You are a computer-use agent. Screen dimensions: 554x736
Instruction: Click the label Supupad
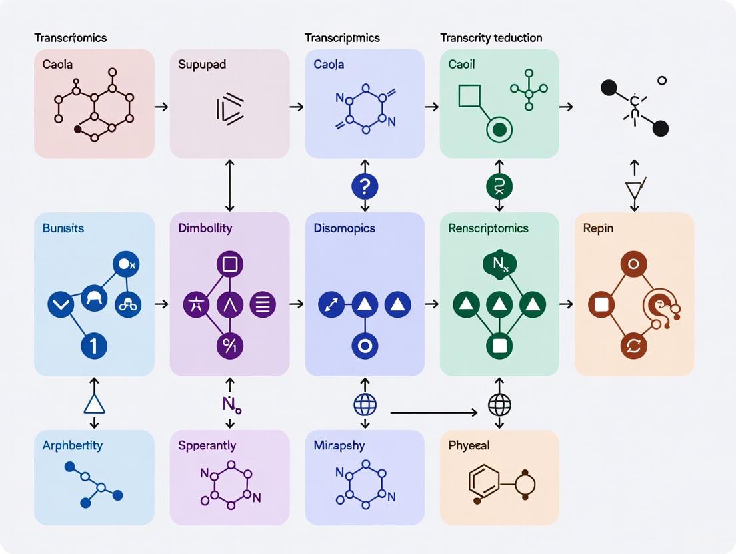[x=201, y=65]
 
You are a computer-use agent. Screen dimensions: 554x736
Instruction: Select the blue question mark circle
[x=365, y=186]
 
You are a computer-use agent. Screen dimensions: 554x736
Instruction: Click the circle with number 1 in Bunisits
[x=94, y=345]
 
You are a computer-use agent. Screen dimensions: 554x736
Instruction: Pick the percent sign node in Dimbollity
[x=229, y=345]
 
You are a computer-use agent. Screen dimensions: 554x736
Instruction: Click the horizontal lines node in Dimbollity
[x=263, y=305]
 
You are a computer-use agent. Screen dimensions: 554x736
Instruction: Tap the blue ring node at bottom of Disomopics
[x=365, y=345]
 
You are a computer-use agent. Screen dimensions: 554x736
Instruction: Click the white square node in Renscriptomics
[x=499, y=345]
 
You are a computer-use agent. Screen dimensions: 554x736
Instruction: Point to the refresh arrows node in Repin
[x=634, y=345]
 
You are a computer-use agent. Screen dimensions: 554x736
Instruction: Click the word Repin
[x=598, y=228]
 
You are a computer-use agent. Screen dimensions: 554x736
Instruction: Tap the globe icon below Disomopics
[x=365, y=404]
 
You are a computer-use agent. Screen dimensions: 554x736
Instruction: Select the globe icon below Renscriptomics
[x=499, y=404]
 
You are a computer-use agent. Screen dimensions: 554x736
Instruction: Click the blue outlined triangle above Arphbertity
[x=94, y=404]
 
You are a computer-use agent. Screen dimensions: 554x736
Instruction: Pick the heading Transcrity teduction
[x=491, y=38]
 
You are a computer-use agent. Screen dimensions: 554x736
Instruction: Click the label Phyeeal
[x=469, y=445]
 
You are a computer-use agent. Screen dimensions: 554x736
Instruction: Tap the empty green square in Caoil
[x=469, y=97]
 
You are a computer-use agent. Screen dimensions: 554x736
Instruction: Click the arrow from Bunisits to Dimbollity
[x=161, y=304]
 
